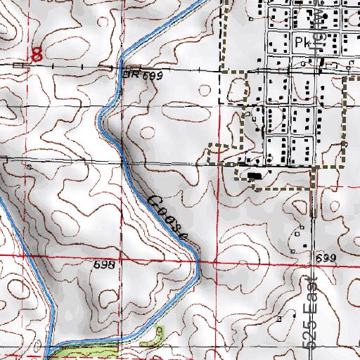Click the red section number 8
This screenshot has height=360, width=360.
coord(38,53)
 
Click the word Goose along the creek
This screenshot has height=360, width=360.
coord(167,216)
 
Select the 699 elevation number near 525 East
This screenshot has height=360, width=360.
coord(326,259)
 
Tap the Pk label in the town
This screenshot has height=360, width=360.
coord(303,41)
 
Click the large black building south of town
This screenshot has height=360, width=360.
coord(254,176)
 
